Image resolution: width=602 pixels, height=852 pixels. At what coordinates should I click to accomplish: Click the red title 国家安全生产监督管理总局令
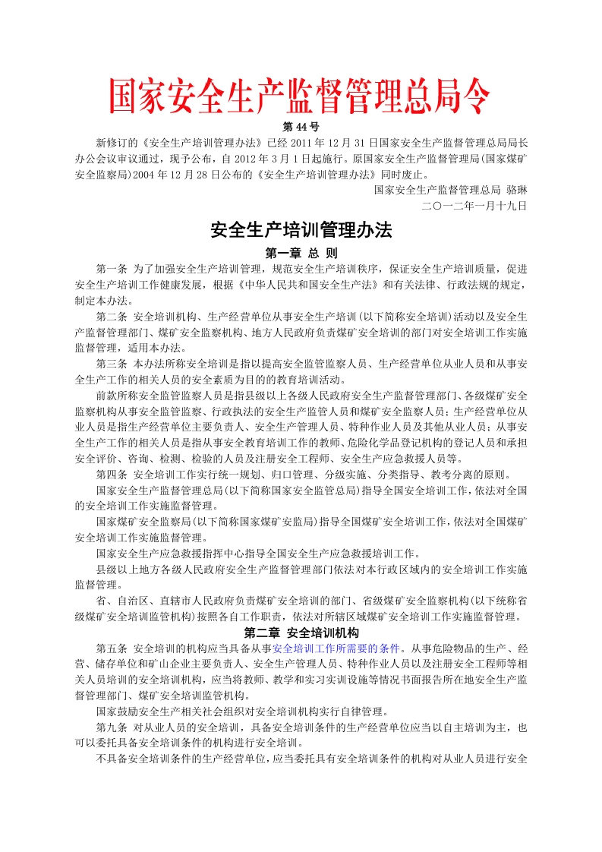coord(301,96)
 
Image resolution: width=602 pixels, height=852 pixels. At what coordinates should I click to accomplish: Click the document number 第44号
coord(301,127)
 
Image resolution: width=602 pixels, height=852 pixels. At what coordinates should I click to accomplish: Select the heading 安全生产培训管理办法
coord(301,229)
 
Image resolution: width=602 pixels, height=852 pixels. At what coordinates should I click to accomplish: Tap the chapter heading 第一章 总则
coord(301,253)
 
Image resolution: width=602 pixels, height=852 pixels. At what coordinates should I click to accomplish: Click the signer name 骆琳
coord(515,190)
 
